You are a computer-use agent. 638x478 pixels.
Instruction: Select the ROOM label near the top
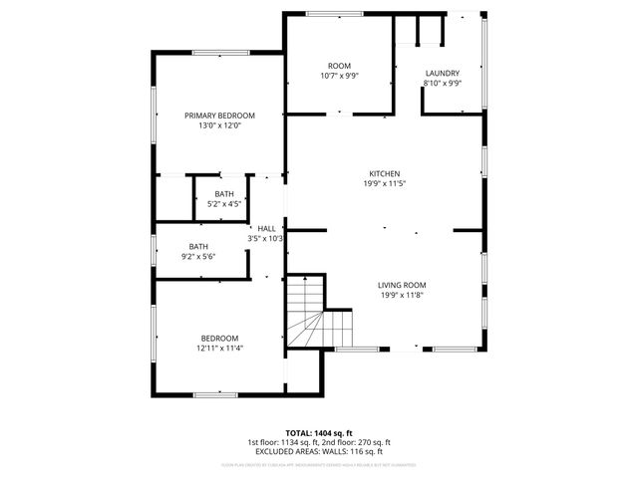click(339, 65)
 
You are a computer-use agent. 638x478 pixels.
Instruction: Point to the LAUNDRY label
click(442, 74)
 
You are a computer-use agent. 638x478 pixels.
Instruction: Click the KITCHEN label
click(384, 173)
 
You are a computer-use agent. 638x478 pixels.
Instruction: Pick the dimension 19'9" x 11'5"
click(384, 183)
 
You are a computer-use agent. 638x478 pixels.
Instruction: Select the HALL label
click(266, 228)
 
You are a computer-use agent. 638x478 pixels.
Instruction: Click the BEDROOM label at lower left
click(219, 338)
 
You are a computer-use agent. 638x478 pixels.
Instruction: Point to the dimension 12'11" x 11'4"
click(219, 349)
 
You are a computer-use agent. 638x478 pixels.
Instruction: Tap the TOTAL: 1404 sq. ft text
click(318, 433)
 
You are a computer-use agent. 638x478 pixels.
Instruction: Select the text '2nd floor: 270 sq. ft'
click(355, 442)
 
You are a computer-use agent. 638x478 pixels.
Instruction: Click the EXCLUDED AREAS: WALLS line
click(318, 451)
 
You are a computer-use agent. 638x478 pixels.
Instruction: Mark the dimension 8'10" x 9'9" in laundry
click(442, 85)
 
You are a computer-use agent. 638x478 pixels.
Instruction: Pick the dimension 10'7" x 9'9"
click(339, 76)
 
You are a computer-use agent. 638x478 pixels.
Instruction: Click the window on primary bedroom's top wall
click(220, 53)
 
